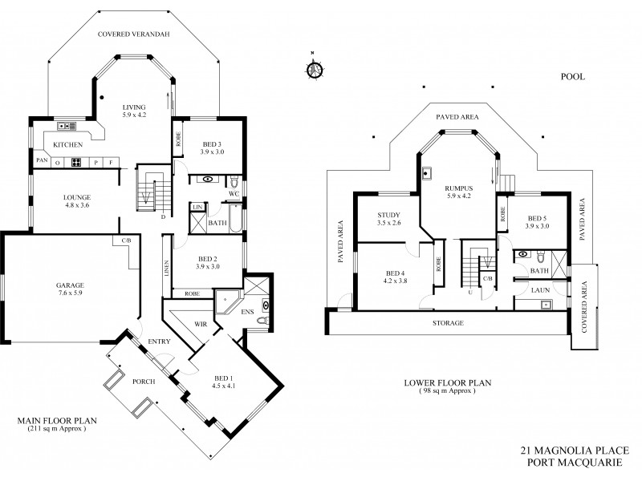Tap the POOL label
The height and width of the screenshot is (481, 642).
[572, 77]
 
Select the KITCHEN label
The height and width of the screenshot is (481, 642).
[68, 144]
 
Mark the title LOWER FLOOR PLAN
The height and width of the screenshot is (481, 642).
[446, 383]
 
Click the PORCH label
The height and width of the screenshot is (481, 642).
[144, 381]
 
